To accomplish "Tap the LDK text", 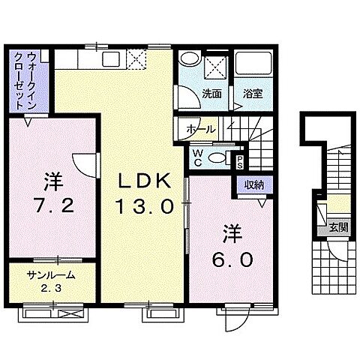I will [147, 181].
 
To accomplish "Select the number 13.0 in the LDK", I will [145, 205].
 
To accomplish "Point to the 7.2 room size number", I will [53, 205].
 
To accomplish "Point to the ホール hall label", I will [200, 129].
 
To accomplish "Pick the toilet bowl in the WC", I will [218, 157].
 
